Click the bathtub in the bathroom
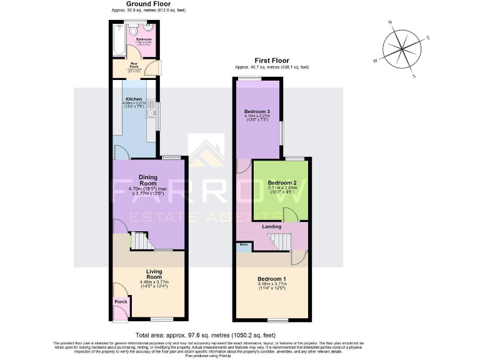(118, 41)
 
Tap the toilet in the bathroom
(146, 29)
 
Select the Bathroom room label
(144, 39)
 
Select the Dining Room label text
(148, 180)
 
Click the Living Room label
(154, 274)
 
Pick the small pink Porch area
(121, 307)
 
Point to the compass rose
(403, 49)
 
